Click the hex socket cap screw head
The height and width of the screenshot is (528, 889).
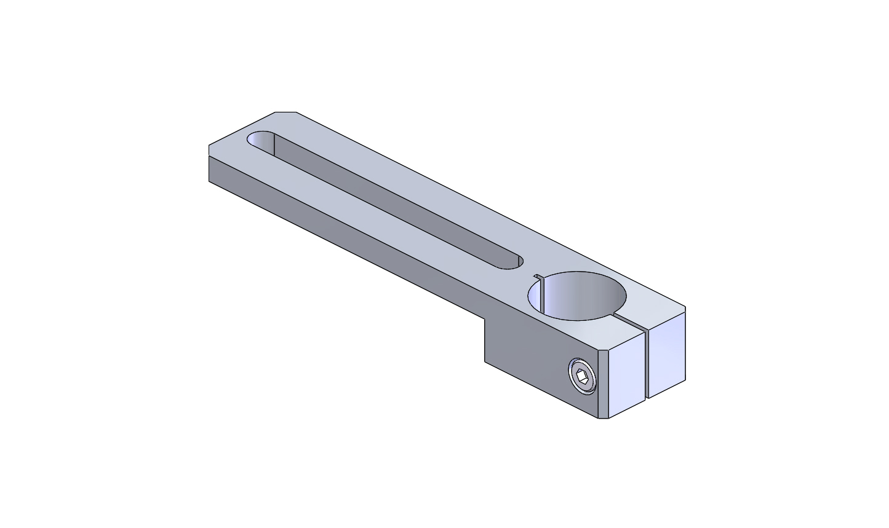(x=582, y=376)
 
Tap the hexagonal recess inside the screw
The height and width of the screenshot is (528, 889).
(x=583, y=376)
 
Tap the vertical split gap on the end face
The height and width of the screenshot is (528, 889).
(x=647, y=366)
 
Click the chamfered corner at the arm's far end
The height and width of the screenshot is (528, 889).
(x=285, y=112)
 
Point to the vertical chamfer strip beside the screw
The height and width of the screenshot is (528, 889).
(x=604, y=384)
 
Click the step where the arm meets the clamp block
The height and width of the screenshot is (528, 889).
(x=485, y=320)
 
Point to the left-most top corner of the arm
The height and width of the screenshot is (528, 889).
(x=209, y=146)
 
